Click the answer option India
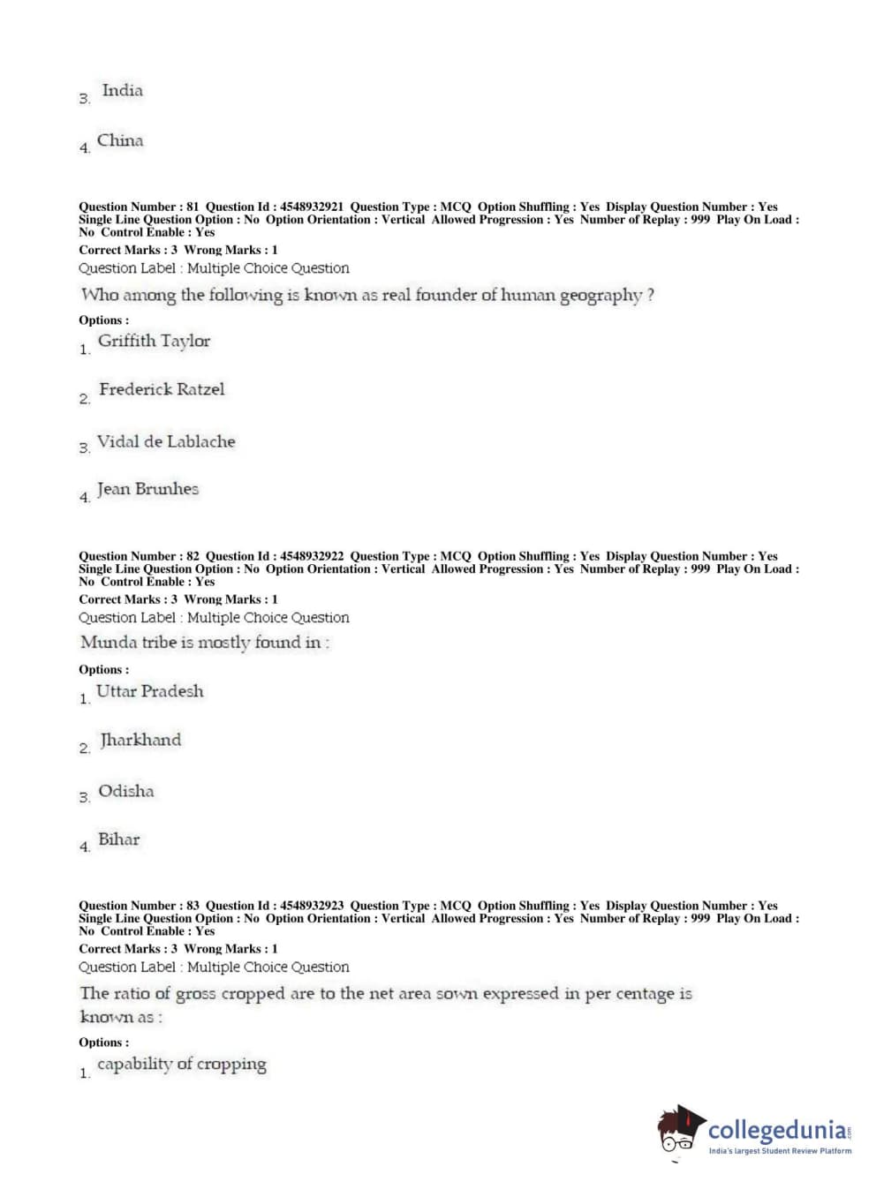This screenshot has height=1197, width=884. coord(122,91)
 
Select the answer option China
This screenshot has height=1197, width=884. coord(120,141)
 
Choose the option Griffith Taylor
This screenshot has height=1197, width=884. coord(154,342)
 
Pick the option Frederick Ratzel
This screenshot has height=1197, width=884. coord(162,389)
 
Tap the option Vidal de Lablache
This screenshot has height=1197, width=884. coord(166,441)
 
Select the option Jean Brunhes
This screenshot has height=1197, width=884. coord(147,489)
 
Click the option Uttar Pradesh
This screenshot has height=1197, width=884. coord(149,691)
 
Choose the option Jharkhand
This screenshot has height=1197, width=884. coord(140,740)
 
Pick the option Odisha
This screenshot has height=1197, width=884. coord(125,791)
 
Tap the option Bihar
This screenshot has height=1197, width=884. coord(118,839)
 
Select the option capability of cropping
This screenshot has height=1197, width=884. coord(181,1065)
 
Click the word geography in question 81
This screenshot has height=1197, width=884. coord(601,296)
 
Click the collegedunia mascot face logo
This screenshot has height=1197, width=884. coord(680,1130)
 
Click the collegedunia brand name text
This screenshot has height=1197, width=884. coord(777,1130)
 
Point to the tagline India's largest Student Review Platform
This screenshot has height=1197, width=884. coord(780,1151)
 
